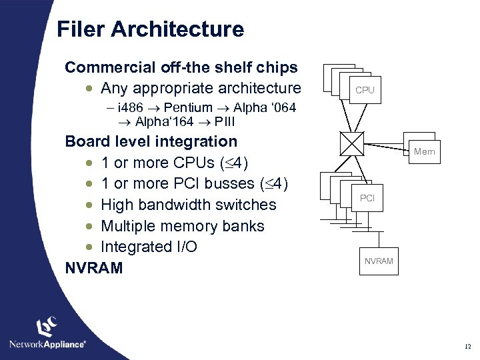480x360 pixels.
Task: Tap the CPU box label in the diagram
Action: click(365, 90)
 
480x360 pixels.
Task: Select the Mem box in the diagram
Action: click(424, 152)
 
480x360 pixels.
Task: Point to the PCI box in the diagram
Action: click(367, 198)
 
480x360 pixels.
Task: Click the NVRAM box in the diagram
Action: click(379, 261)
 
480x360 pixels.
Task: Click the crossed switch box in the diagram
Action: click(351, 143)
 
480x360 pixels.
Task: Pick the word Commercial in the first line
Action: click(109, 67)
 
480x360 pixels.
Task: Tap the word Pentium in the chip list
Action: click(188, 108)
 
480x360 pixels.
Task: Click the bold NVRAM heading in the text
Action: click(94, 268)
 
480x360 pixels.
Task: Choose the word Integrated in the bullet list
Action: click(137, 247)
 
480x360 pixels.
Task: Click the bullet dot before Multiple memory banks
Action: click(89, 226)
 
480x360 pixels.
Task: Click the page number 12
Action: click(467, 347)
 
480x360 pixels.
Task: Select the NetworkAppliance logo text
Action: click(47, 344)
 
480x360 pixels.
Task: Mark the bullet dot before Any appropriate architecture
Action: click(89, 89)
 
